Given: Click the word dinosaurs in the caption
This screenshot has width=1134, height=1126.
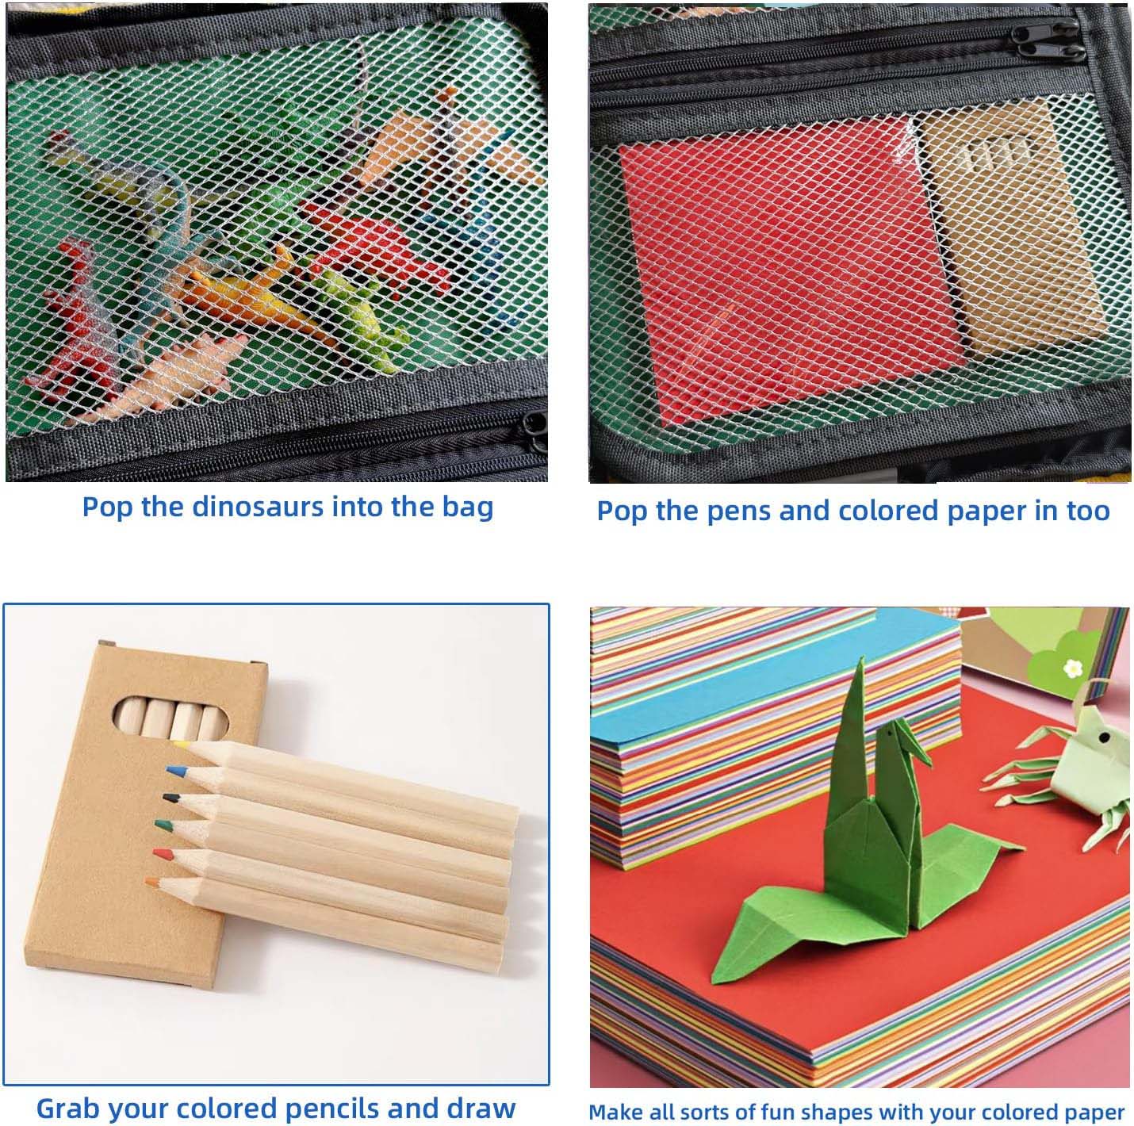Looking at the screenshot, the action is (x=259, y=507).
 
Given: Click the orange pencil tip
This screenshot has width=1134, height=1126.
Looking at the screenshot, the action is (x=151, y=882).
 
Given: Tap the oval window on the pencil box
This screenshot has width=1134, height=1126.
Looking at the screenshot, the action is (x=170, y=717).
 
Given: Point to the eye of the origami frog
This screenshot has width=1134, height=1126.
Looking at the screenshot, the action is (x=1105, y=737).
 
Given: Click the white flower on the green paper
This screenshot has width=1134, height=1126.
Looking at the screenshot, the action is (x=1073, y=668).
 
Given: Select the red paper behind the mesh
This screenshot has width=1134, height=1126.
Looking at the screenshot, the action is (x=783, y=277).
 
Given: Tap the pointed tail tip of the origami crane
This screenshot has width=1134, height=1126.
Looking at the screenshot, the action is (x=861, y=658).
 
